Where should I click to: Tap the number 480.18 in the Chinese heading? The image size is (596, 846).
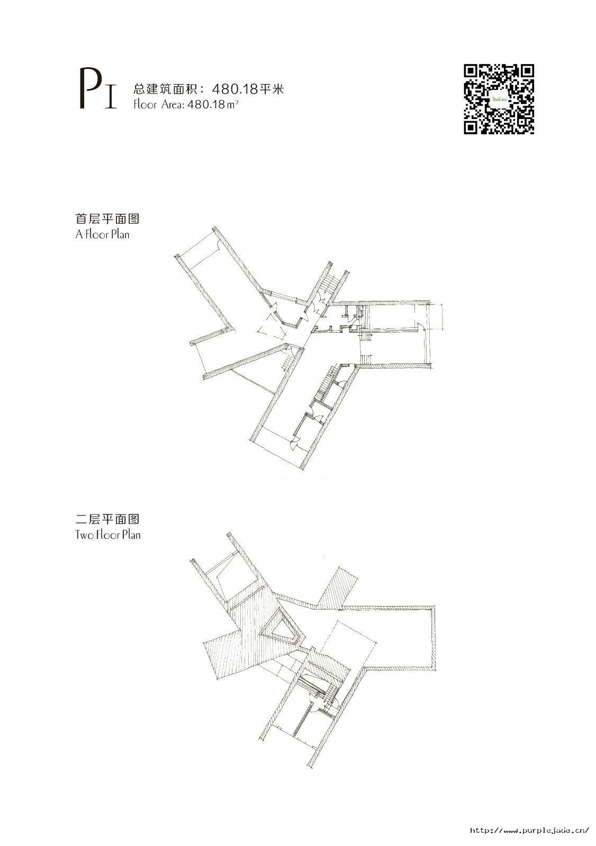click(x=235, y=89)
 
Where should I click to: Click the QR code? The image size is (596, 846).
click(x=499, y=99)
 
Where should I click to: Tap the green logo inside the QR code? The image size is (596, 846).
click(x=499, y=99)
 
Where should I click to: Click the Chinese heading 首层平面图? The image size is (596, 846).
click(x=107, y=219)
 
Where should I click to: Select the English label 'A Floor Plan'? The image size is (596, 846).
click(x=102, y=235)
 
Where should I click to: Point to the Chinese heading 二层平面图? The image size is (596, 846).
click(x=107, y=519)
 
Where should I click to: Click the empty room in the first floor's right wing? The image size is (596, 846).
click(x=397, y=317)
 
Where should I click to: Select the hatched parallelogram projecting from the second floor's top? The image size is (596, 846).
click(x=336, y=587)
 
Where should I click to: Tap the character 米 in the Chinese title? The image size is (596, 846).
click(x=278, y=89)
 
